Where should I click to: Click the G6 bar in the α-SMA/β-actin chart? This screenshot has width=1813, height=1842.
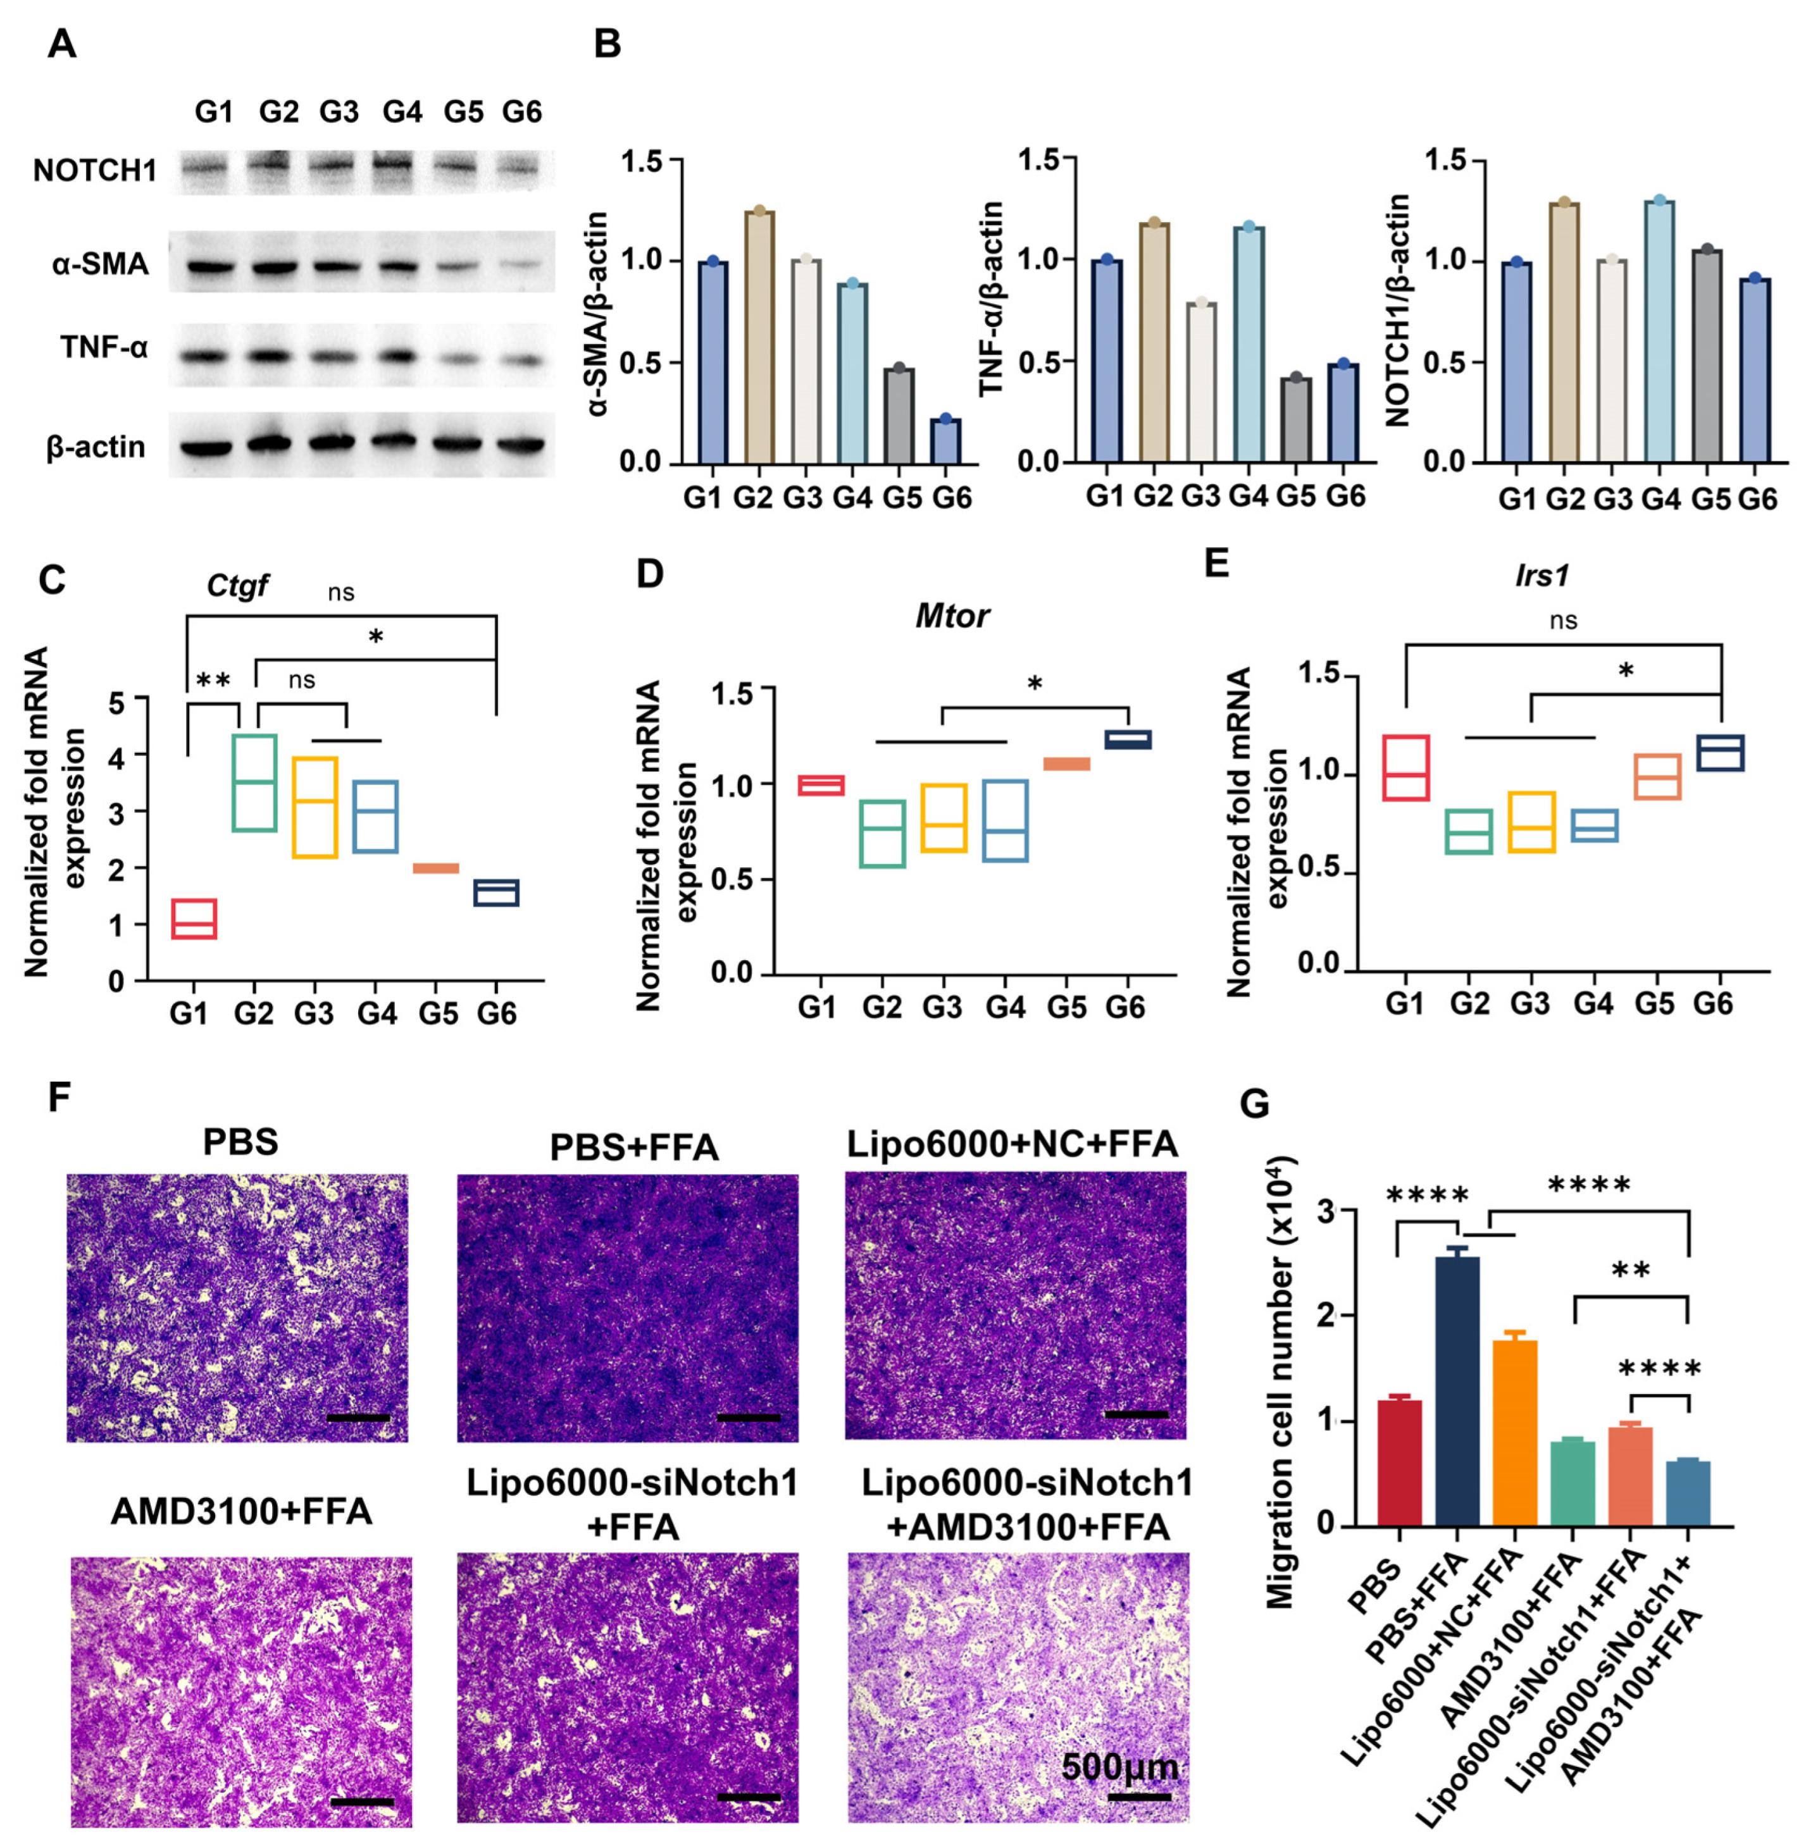point(945,442)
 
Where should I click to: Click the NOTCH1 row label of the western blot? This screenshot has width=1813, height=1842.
point(94,171)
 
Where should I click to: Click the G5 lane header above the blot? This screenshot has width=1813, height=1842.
point(464,113)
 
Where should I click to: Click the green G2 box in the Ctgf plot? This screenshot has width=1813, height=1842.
point(254,782)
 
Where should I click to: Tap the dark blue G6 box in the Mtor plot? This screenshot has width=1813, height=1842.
point(1128,739)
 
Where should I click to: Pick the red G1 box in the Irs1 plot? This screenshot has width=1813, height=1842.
point(1405,767)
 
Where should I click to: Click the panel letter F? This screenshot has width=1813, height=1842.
point(59,1097)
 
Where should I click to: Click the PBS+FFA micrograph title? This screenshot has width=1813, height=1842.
point(634,1148)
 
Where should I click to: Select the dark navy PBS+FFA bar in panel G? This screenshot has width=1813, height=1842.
point(1457,1389)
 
